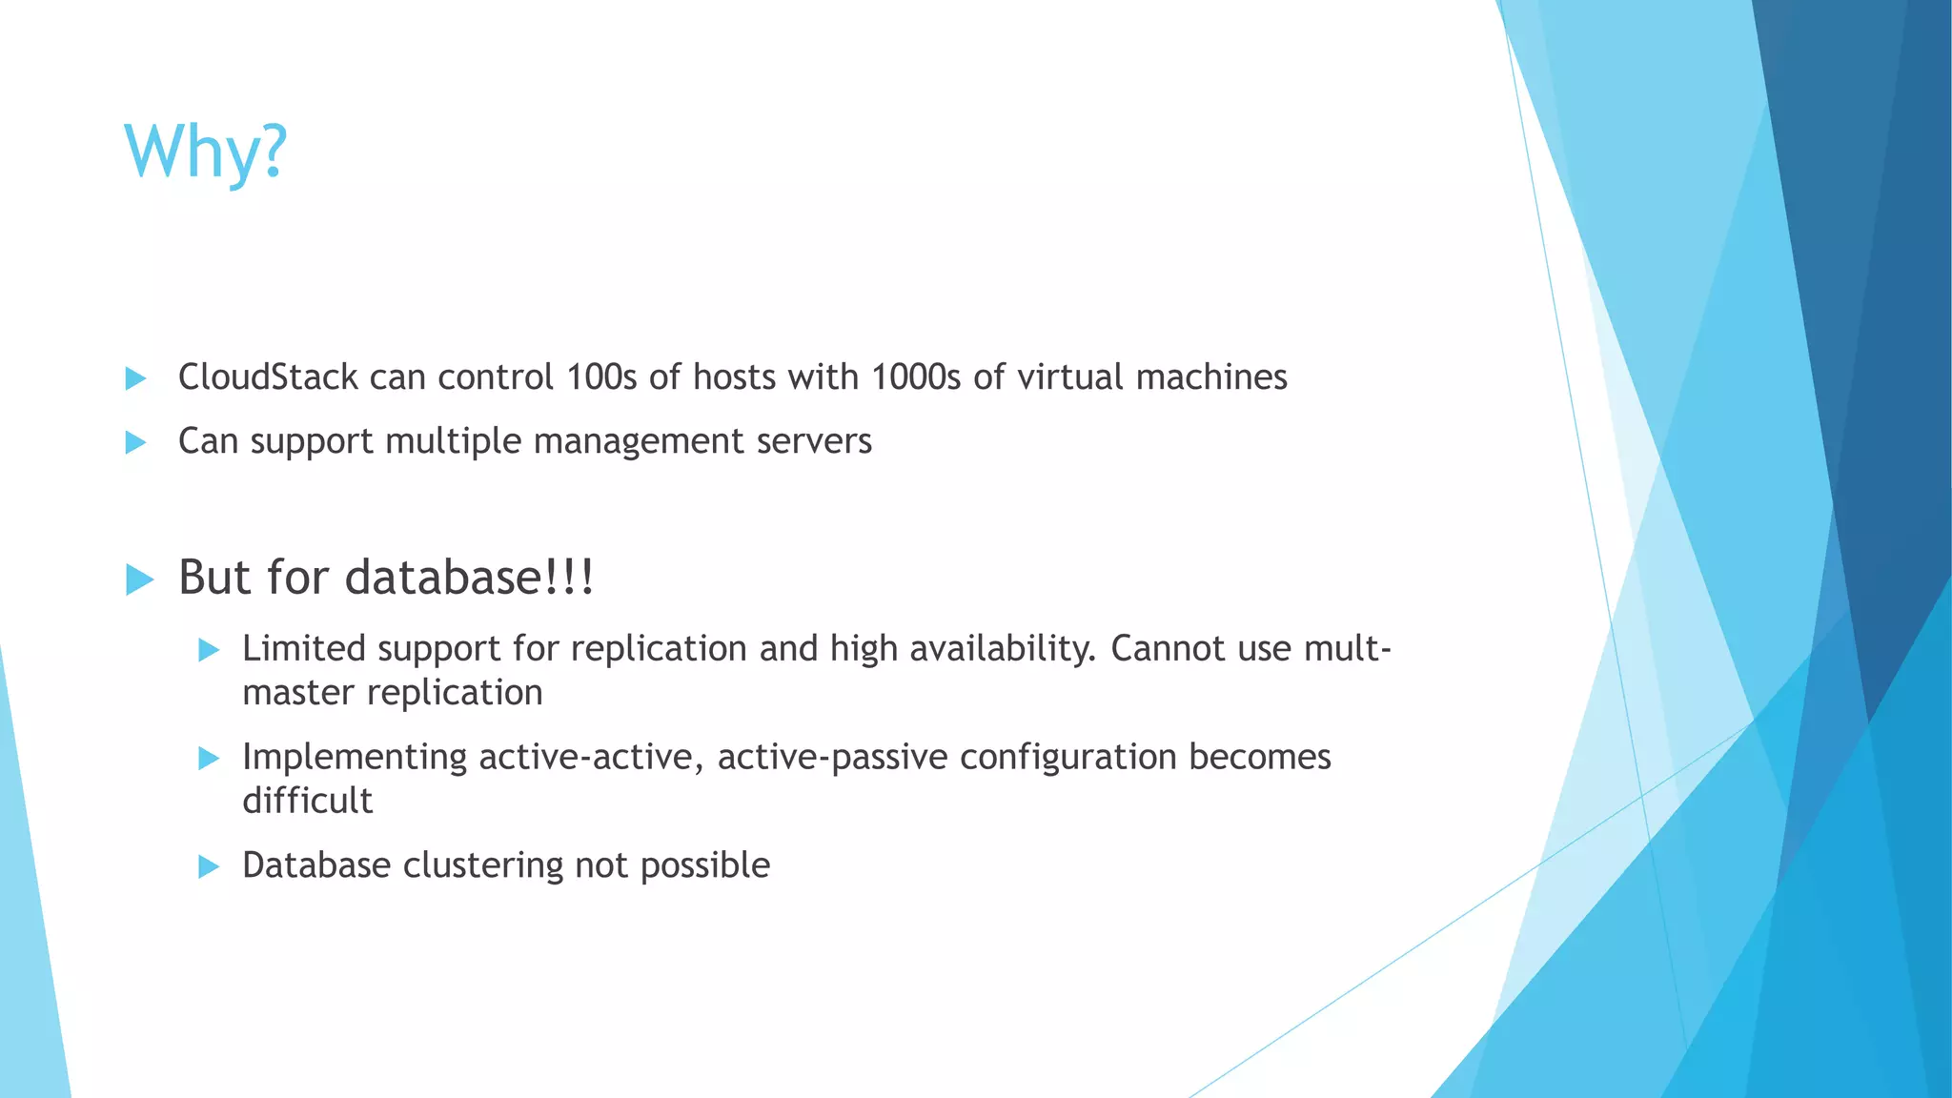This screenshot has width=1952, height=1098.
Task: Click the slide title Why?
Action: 205,152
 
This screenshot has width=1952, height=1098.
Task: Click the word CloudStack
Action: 268,377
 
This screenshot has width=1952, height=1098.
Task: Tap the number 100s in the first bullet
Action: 600,377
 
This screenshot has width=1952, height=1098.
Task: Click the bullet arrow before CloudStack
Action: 135,378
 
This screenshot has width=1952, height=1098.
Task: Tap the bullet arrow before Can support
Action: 135,442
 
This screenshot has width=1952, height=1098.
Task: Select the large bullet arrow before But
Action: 139,579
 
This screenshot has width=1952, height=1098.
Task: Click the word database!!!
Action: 469,578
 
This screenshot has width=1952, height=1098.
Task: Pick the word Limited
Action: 304,649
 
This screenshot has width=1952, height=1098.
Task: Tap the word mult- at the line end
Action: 1348,649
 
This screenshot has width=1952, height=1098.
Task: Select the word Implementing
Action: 355,758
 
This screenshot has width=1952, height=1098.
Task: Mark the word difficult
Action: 307,801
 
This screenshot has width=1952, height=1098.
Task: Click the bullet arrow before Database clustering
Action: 209,866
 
